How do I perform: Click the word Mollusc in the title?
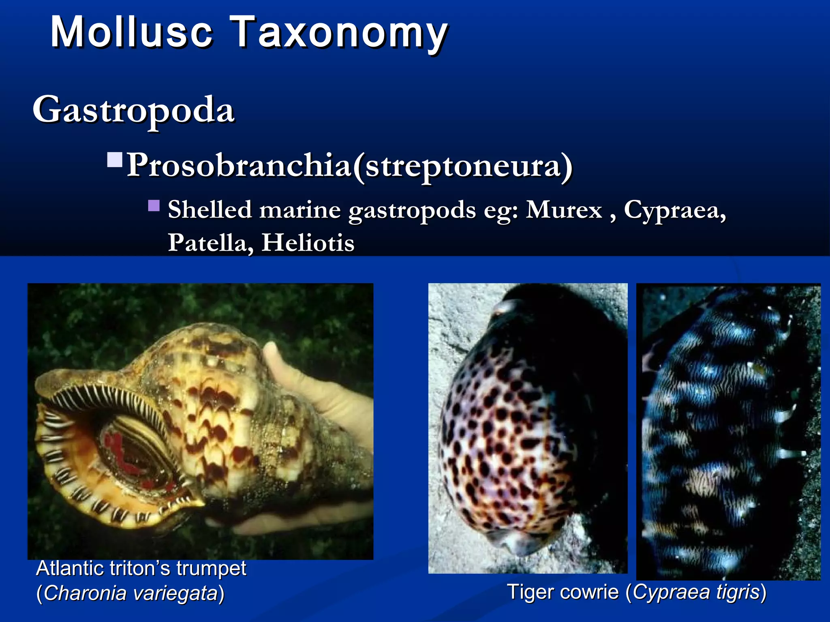coord(131,32)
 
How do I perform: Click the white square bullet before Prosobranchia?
coord(115,160)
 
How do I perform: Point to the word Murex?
coord(564,210)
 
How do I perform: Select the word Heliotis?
coord(308,243)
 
